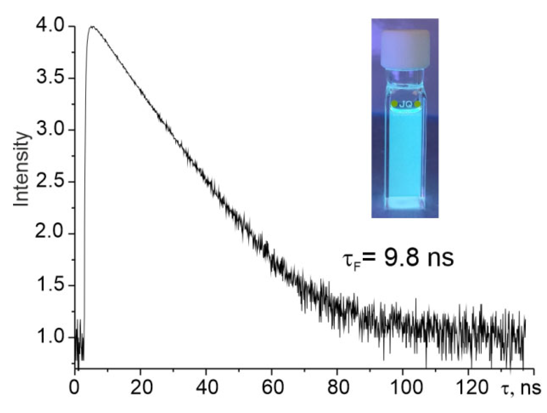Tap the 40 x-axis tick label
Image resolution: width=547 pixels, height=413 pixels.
tap(206, 388)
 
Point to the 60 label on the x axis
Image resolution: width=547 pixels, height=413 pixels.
tap(272, 388)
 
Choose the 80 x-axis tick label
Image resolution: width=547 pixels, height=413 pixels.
tap(338, 388)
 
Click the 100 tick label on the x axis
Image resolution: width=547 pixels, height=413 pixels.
tap(403, 388)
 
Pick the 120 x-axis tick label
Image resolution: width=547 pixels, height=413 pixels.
tap(468, 388)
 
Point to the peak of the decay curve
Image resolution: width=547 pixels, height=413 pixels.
tap(92, 27)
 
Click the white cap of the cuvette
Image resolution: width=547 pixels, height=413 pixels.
tap(405, 49)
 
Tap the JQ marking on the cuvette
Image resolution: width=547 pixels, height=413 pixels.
tap(405, 104)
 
